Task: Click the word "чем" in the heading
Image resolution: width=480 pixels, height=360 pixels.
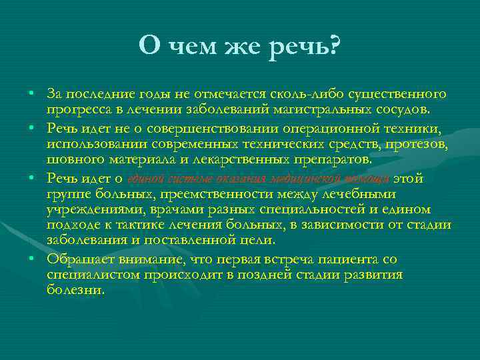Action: pos(189,46)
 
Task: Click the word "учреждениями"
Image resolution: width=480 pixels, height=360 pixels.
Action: pos(89,209)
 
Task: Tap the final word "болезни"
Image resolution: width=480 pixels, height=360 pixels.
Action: pos(75,290)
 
